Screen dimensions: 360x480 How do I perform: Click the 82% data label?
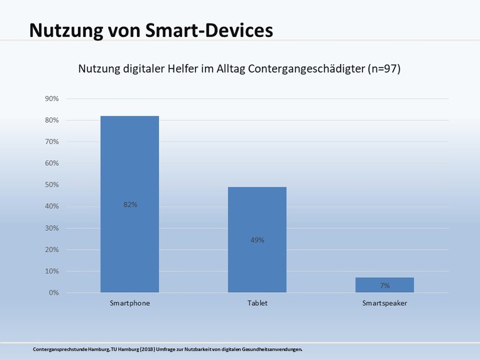click(130, 205)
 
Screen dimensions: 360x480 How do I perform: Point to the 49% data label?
click(257, 240)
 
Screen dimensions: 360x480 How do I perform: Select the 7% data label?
click(385, 286)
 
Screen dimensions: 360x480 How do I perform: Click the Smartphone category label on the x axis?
click(129, 303)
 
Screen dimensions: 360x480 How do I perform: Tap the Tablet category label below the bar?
click(257, 303)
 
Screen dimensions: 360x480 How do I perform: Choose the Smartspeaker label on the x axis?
click(385, 303)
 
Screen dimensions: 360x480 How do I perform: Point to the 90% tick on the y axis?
click(51, 99)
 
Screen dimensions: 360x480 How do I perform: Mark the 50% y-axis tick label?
click(51, 185)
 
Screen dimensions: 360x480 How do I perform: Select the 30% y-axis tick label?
click(51, 228)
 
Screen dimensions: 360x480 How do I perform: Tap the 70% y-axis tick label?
click(51, 142)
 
